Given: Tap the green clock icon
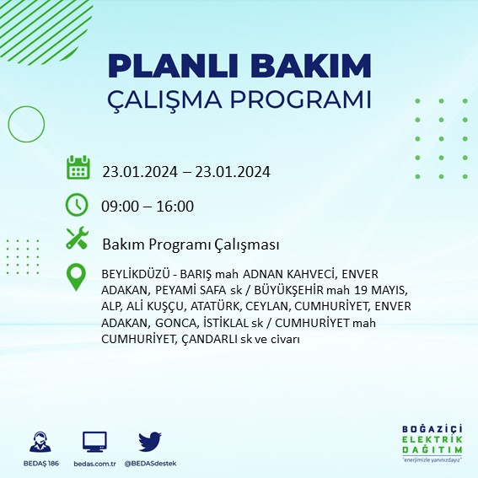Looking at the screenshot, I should [78, 205].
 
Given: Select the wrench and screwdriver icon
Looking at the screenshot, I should [78, 239].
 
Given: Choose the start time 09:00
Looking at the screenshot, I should [119, 207].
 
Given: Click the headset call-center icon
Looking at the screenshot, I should [39, 441].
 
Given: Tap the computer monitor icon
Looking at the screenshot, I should [94, 441].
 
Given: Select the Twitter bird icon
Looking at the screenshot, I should [149, 440].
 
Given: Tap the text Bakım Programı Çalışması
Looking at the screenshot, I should [191, 244].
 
